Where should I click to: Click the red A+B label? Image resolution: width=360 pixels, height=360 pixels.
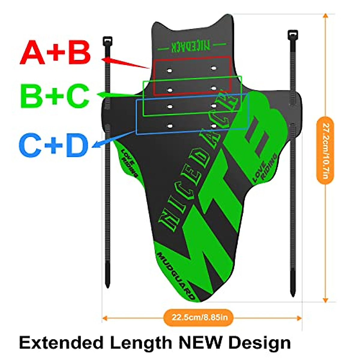pyautogui.click(x=55, y=53)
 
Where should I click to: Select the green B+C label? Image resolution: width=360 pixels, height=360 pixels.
pyautogui.click(x=55, y=96)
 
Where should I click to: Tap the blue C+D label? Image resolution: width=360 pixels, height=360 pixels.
pyautogui.click(x=54, y=145)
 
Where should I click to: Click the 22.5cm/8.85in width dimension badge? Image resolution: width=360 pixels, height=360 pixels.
pyautogui.click(x=198, y=317)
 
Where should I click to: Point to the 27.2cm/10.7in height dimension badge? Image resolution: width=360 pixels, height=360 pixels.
pyautogui.click(x=325, y=150)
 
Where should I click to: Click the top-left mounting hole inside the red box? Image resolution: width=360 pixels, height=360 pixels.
pyautogui.click(x=169, y=71)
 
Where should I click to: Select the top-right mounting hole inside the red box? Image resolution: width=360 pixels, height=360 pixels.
pyautogui.click(x=213, y=68)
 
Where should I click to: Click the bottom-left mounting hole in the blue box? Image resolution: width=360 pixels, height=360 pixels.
pyautogui.click(x=170, y=126)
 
